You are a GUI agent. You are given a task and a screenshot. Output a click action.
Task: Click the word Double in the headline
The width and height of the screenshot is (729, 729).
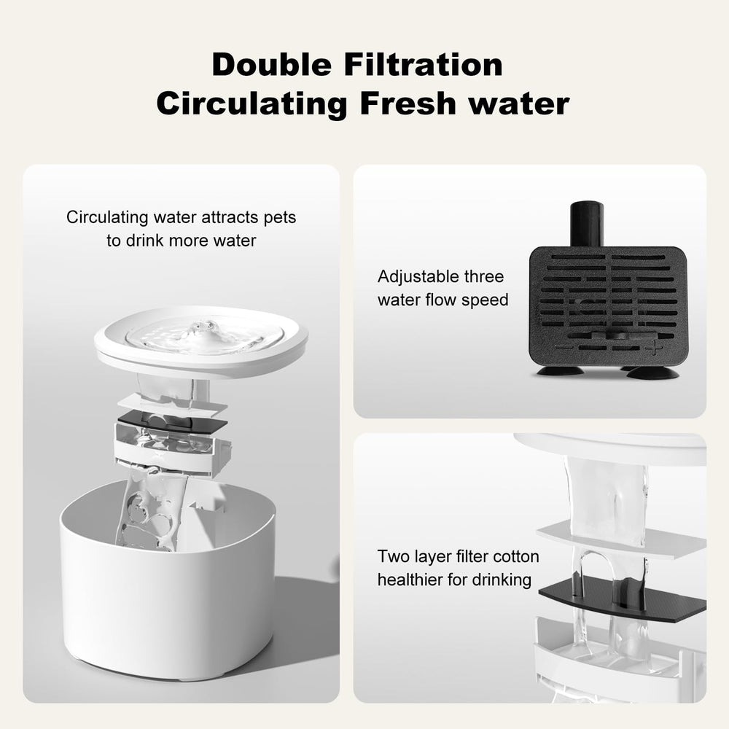272,64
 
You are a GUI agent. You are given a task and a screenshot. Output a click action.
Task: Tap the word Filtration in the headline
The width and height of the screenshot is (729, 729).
424,64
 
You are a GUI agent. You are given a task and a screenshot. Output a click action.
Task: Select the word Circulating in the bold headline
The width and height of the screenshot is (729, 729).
252,104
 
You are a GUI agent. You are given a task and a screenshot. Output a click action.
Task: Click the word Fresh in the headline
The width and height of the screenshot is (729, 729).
408,104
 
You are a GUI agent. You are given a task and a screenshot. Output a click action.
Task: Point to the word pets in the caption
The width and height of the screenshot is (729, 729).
279,217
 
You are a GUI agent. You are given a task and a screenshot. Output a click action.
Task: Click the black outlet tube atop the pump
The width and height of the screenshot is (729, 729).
587,224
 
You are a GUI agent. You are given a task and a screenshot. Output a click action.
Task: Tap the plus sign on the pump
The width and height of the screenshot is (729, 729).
652,347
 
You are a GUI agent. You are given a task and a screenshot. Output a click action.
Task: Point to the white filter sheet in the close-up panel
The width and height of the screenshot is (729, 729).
622,539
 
